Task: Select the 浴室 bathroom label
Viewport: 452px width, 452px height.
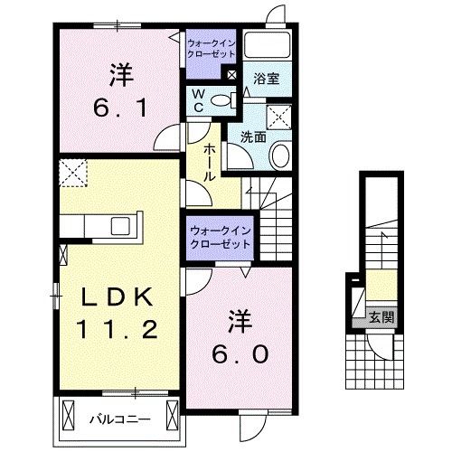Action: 266,79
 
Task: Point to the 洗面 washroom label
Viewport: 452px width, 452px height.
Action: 254,137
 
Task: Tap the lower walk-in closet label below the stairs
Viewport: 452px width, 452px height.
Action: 220,237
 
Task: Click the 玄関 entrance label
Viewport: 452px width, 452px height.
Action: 381,317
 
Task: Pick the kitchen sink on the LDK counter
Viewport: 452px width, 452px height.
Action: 119,225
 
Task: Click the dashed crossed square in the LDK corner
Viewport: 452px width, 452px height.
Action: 71,170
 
